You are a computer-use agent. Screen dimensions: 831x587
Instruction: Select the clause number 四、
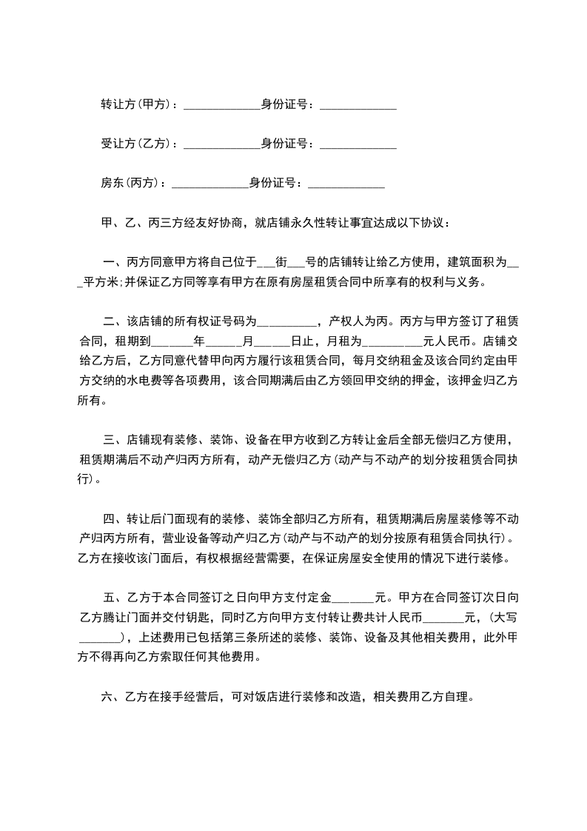[x=113, y=517]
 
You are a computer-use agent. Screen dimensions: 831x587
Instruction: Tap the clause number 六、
[x=107, y=696]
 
